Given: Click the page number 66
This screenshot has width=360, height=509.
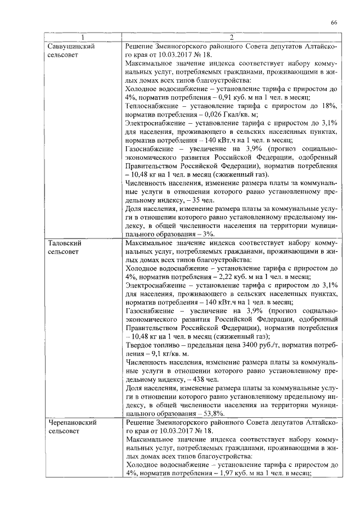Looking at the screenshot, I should (334, 22).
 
